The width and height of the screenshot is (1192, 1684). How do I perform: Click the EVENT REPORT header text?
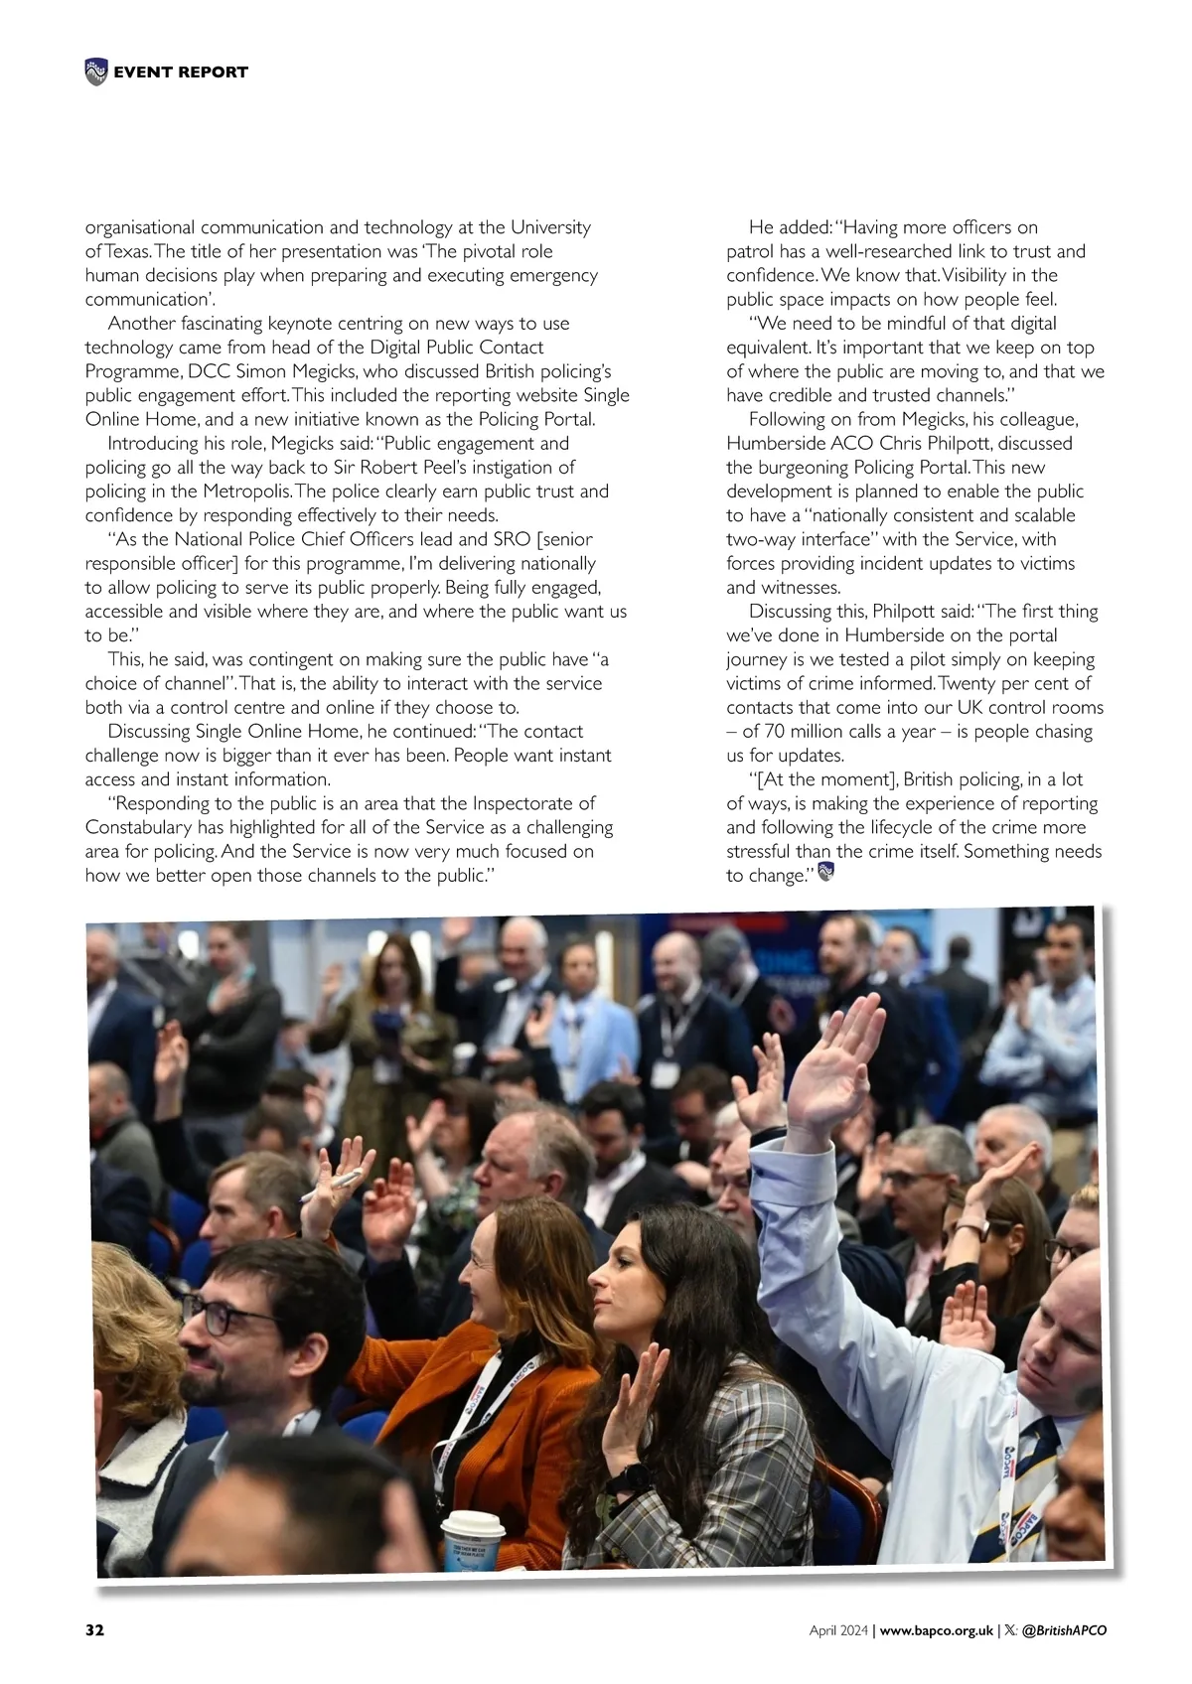coord(181,71)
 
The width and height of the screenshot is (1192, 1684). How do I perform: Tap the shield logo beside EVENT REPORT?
coord(96,71)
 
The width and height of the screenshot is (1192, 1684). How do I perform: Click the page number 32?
coord(95,1629)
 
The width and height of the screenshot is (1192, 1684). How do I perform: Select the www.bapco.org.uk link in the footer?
coord(937,1630)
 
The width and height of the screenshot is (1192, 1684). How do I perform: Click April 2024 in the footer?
coord(838,1630)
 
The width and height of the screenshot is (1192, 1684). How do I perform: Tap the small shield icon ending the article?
coord(824,873)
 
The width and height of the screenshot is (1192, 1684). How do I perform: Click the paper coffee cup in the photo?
coord(472,1542)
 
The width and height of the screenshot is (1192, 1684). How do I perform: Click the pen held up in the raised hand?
coord(334,1184)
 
